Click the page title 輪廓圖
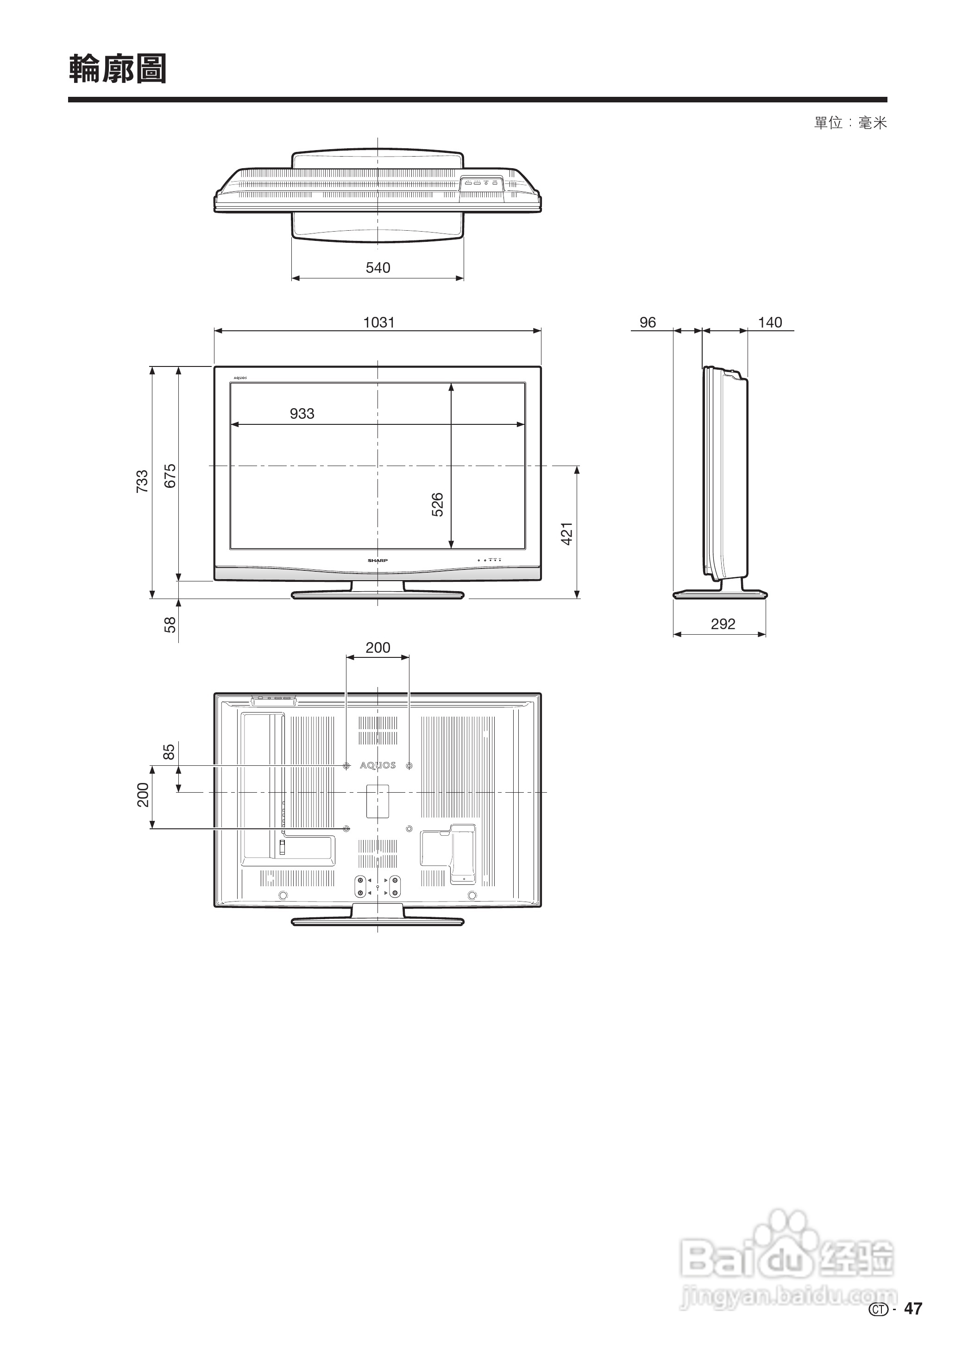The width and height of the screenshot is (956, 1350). click(x=118, y=69)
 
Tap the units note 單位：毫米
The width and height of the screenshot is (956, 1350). click(x=850, y=123)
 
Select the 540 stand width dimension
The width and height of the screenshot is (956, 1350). click(x=377, y=268)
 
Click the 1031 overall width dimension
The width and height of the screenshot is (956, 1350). click(x=378, y=322)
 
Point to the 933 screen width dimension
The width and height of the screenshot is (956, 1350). click(x=302, y=414)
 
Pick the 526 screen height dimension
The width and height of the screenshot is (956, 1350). click(x=437, y=505)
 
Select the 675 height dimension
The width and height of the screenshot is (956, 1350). click(x=170, y=476)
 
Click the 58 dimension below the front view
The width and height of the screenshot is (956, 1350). click(x=170, y=624)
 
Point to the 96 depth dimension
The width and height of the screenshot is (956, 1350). click(x=648, y=322)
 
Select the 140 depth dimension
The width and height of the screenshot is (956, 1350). click(x=769, y=322)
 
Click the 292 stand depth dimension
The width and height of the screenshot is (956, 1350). click(x=723, y=624)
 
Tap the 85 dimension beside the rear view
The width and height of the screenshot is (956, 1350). click(x=169, y=752)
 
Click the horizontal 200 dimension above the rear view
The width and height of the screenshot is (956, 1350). click(x=377, y=648)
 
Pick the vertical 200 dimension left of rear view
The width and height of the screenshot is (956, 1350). click(x=143, y=795)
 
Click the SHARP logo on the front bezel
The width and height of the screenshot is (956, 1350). click(x=377, y=561)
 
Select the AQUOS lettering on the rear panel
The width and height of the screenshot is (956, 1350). click(x=377, y=765)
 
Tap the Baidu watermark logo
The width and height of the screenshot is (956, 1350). click(x=786, y=1259)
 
